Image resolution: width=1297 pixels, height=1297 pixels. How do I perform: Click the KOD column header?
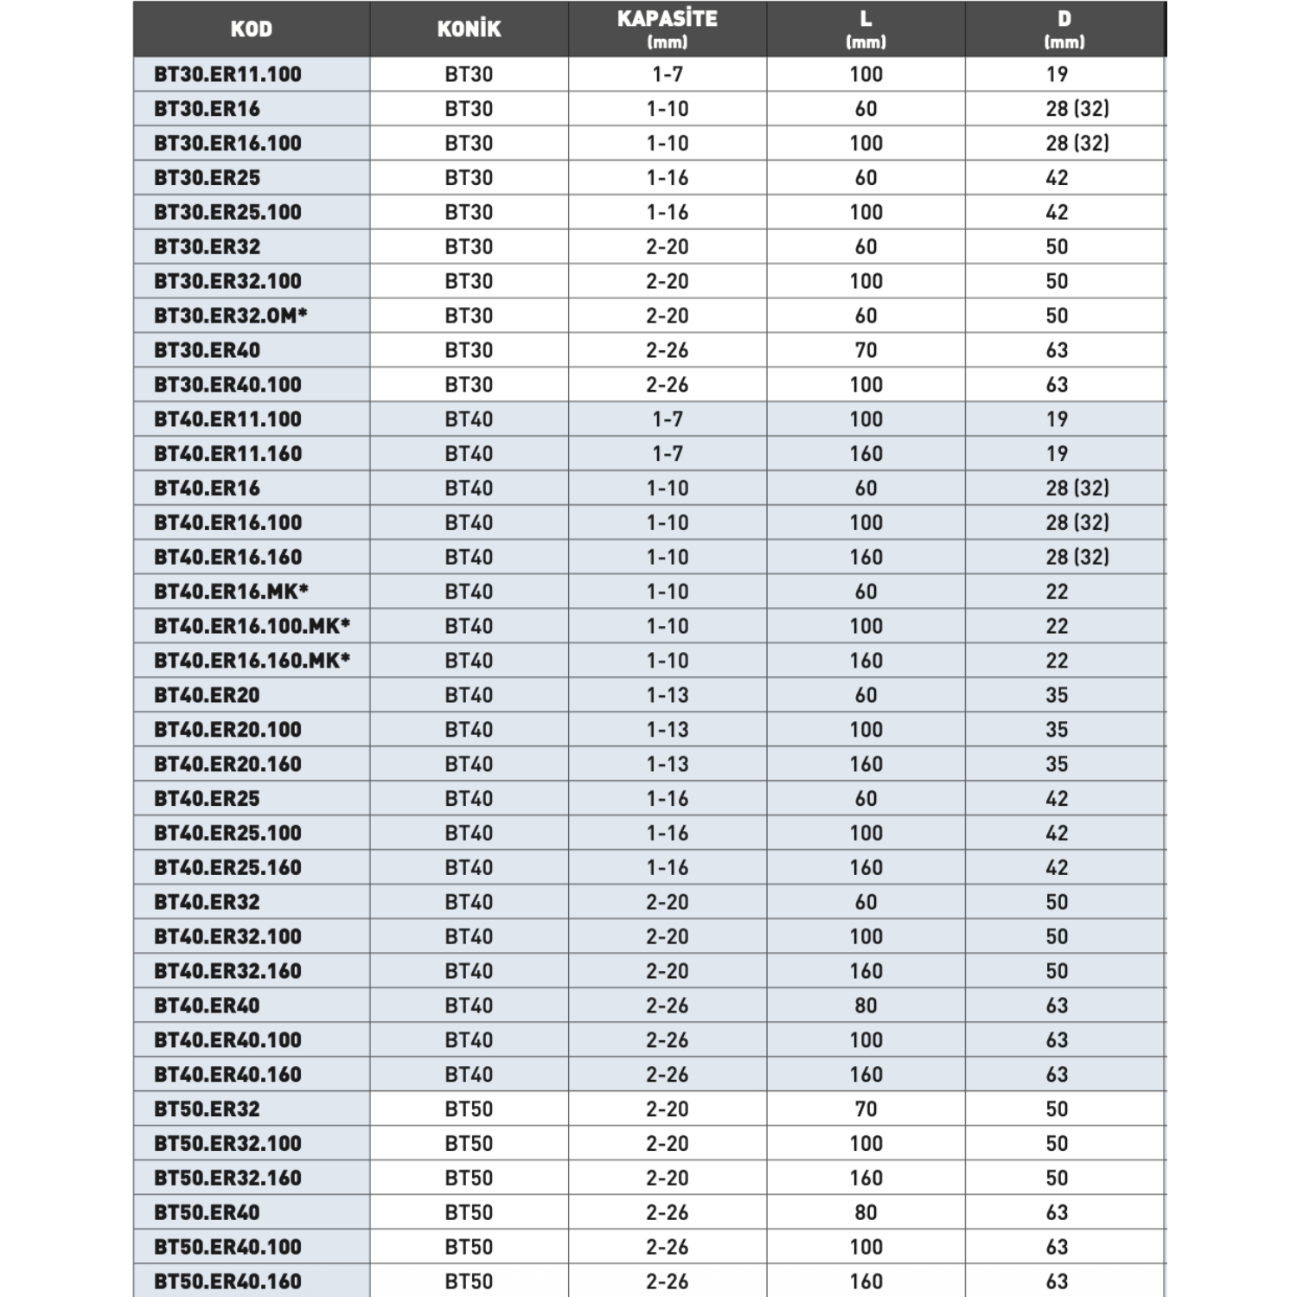coord(251,29)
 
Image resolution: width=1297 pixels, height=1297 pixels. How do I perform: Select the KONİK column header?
coord(469,29)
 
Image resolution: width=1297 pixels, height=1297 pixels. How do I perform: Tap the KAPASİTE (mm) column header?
coord(667,29)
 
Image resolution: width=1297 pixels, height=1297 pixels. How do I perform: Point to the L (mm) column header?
coord(866,29)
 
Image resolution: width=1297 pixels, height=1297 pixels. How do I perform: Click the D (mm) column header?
coord(1064,29)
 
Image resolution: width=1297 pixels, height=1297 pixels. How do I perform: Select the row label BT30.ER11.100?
coord(227,74)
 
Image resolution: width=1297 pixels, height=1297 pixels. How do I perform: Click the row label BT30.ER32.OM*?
coord(231,316)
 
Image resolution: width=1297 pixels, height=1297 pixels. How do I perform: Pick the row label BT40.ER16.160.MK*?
coord(252,661)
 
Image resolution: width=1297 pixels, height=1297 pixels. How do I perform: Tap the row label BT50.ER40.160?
coord(227,1281)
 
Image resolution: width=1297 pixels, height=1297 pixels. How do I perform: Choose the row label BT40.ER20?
coord(207,695)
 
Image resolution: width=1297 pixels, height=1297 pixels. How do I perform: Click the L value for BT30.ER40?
coord(866,350)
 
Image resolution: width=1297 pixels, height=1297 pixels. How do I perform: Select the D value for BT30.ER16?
coord(1077,109)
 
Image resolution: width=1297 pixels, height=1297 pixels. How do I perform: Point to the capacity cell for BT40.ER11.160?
coord(667,454)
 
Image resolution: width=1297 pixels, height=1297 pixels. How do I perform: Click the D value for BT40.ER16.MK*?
coord(1057,591)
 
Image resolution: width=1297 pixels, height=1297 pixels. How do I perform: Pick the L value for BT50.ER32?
coord(866,1109)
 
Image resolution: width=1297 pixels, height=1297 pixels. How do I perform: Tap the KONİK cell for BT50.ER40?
coord(469,1212)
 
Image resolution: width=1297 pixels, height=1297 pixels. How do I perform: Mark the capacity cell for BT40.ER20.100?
coord(667,730)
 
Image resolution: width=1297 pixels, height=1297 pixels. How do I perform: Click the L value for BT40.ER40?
coord(866,1006)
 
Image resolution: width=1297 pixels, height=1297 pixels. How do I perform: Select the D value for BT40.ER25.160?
coord(1057,867)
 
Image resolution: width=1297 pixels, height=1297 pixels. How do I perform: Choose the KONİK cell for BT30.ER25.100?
coord(469,212)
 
